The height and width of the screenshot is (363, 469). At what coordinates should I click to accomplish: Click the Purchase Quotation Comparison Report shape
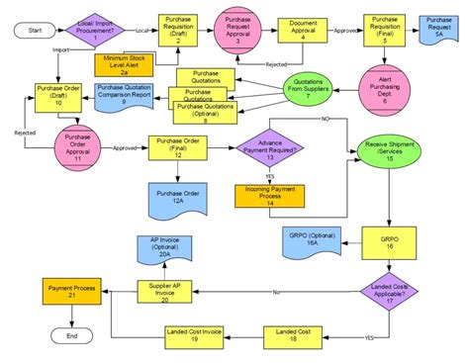(x=124, y=96)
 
